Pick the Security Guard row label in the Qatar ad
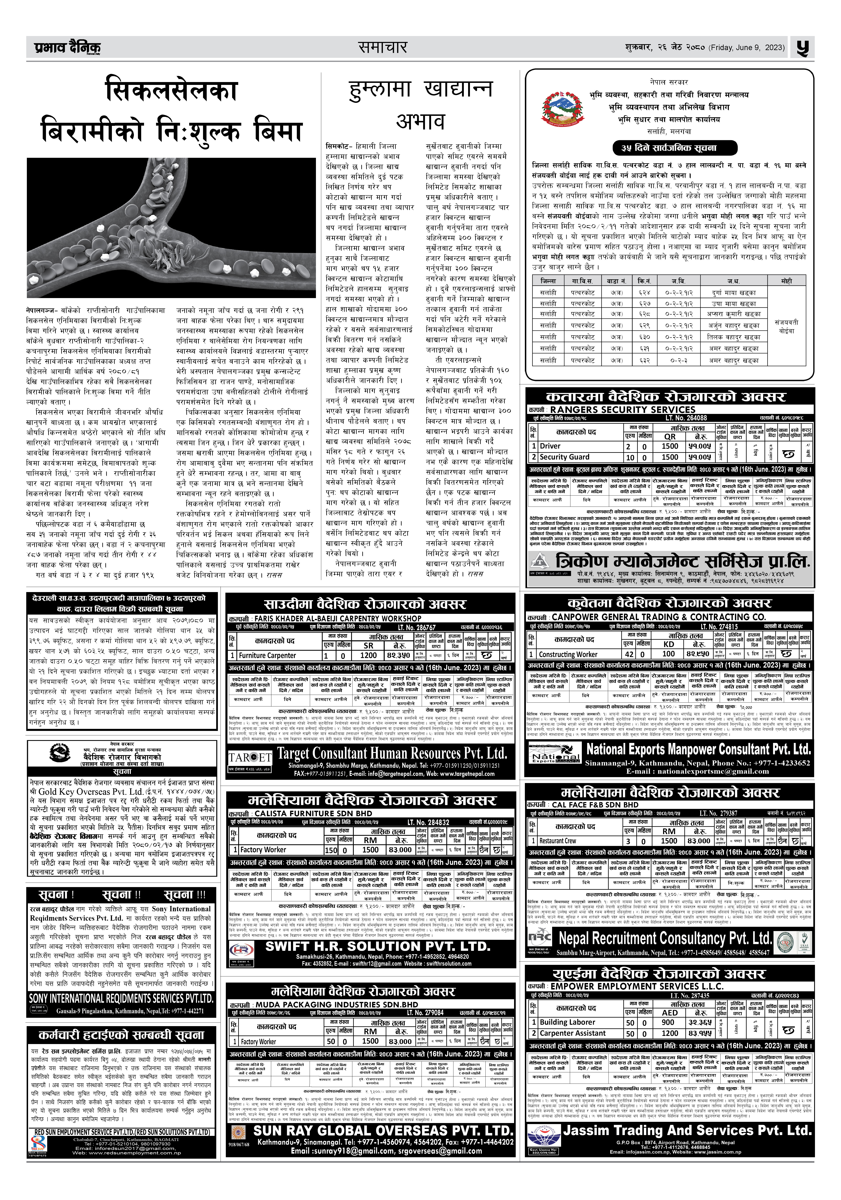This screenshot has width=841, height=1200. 564,457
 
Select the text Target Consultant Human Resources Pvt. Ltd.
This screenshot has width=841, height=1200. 392,753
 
